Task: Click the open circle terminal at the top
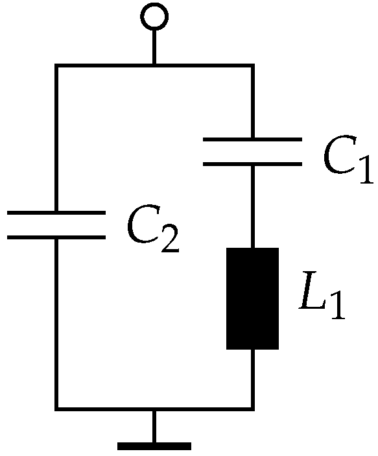point(154,17)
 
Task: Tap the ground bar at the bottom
point(154,446)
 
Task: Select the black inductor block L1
point(252,298)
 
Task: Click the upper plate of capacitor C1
point(252,139)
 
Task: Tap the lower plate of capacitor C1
point(252,163)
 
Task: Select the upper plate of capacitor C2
point(56,212)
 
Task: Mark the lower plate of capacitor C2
point(56,237)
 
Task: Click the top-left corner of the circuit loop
point(56,66)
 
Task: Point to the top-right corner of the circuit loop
point(252,66)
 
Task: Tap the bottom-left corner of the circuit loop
point(56,409)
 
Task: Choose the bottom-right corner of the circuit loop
point(252,409)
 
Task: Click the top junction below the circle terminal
point(154,66)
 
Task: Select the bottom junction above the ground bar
point(154,409)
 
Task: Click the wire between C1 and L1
point(252,206)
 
